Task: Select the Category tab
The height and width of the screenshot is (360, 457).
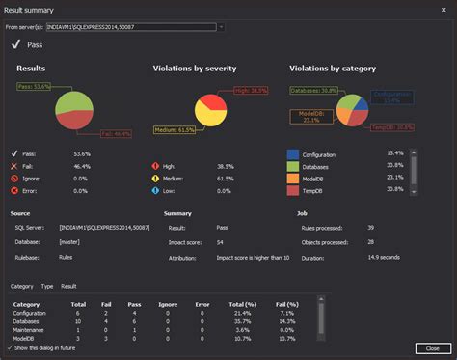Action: tap(21, 287)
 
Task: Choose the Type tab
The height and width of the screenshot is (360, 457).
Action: tap(46, 287)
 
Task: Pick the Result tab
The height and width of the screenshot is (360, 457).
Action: tap(69, 287)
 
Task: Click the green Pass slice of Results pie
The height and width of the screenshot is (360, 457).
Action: tap(70, 101)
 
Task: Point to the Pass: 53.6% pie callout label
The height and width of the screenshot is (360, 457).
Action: tap(34, 87)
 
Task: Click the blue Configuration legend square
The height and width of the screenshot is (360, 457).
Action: tap(293, 153)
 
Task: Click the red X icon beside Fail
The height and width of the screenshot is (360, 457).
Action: tap(14, 166)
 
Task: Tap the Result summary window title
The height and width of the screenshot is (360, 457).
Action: tap(34, 8)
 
